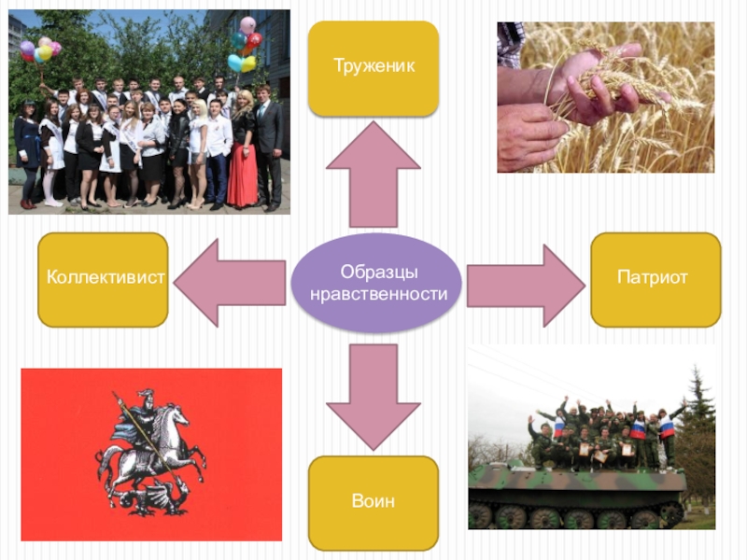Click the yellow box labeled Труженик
pyautogui.click(x=373, y=68)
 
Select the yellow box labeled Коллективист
pyautogui.click(x=103, y=279)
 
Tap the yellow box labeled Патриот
pyautogui.click(x=655, y=279)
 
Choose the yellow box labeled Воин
pyautogui.click(x=373, y=502)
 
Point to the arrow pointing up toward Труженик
pyautogui.click(x=373, y=173)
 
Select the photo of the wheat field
pyautogui.click(x=605, y=97)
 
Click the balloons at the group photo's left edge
pyautogui.click(x=37, y=54)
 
